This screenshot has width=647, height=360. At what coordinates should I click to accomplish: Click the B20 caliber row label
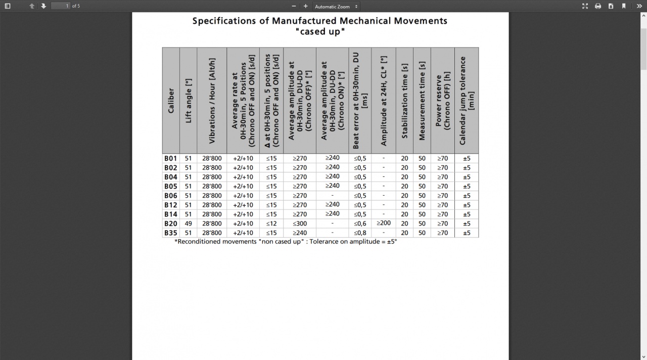click(x=171, y=223)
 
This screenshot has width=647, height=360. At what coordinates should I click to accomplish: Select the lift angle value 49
click(x=188, y=223)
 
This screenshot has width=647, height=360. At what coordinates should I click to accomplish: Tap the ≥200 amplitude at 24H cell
click(x=384, y=223)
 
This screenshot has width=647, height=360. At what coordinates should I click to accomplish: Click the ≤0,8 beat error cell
click(x=360, y=233)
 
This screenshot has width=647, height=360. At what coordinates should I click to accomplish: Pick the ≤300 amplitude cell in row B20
click(x=300, y=223)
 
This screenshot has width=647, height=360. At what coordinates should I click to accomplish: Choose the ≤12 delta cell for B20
click(x=271, y=223)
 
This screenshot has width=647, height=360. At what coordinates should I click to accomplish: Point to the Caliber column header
click(x=171, y=101)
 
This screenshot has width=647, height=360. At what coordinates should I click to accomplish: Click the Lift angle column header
click(x=189, y=101)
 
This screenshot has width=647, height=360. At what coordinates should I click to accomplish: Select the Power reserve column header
click(x=442, y=101)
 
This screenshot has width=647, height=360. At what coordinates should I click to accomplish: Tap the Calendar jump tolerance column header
click(x=467, y=101)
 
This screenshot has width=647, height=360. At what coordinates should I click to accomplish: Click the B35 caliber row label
click(x=171, y=233)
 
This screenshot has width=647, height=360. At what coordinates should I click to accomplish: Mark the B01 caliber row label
click(x=171, y=158)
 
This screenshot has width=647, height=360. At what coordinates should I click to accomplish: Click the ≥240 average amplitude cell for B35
click(x=300, y=233)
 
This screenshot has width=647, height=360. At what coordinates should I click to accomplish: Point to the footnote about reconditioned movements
click(x=286, y=242)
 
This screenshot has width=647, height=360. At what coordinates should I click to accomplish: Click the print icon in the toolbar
click(x=598, y=6)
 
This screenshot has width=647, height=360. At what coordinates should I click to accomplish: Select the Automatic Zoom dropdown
click(x=336, y=7)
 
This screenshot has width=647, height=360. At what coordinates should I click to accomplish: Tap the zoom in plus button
click(x=305, y=6)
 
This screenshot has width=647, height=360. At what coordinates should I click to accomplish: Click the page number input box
click(x=61, y=6)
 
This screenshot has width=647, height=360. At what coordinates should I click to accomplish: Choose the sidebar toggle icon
click(x=8, y=6)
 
